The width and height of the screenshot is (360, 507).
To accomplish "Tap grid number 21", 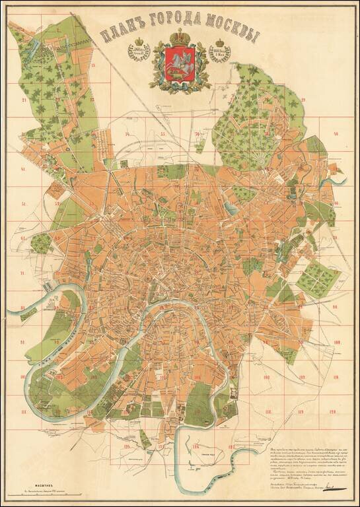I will pos(24,100).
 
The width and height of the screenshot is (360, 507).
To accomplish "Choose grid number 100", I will pos(335,342).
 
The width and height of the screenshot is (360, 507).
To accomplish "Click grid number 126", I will pos(196,447).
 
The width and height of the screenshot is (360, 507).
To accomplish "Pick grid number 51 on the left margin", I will pos(24,204).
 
